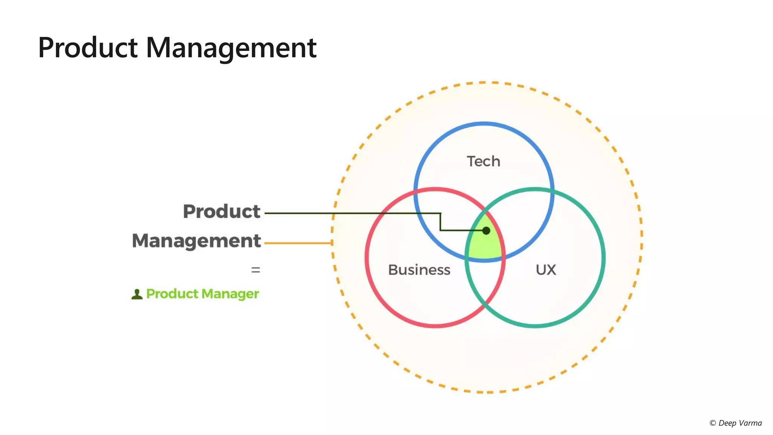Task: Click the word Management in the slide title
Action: point(231,48)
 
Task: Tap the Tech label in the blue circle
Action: point(484,161)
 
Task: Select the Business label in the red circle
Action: point(419,270)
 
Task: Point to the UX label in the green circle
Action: point(546,270)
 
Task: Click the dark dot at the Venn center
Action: point(486,230)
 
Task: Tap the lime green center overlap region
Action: point(485,247)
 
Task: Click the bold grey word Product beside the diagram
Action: point(222,211)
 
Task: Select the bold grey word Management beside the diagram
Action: point(196,241)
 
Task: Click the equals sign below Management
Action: point(256,270)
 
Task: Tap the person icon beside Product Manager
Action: point(137,294)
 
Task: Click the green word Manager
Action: point(230,294)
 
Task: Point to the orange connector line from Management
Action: point(298,243)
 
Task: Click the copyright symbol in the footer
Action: point(713,423)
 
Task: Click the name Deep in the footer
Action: point(727,423)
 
